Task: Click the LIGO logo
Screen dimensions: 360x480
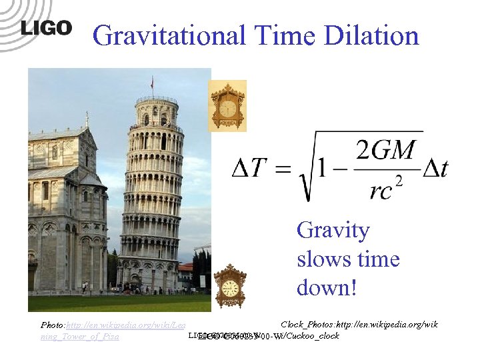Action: coord(46,28)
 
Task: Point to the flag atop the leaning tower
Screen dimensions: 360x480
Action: coord(153,82)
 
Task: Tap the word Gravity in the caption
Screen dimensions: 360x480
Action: coord(333,231)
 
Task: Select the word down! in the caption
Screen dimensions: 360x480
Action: coord(327,288)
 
